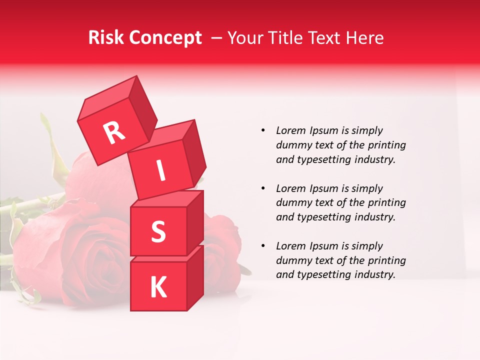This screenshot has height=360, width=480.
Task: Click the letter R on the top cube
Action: point(114,132)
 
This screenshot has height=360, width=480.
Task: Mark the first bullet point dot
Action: point(263,131)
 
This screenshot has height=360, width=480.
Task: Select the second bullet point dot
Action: point(263,188)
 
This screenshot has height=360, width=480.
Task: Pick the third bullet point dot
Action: point(263,246)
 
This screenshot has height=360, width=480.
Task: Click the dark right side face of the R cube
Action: point(142,111)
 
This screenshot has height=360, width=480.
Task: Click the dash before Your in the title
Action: point(217,38)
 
